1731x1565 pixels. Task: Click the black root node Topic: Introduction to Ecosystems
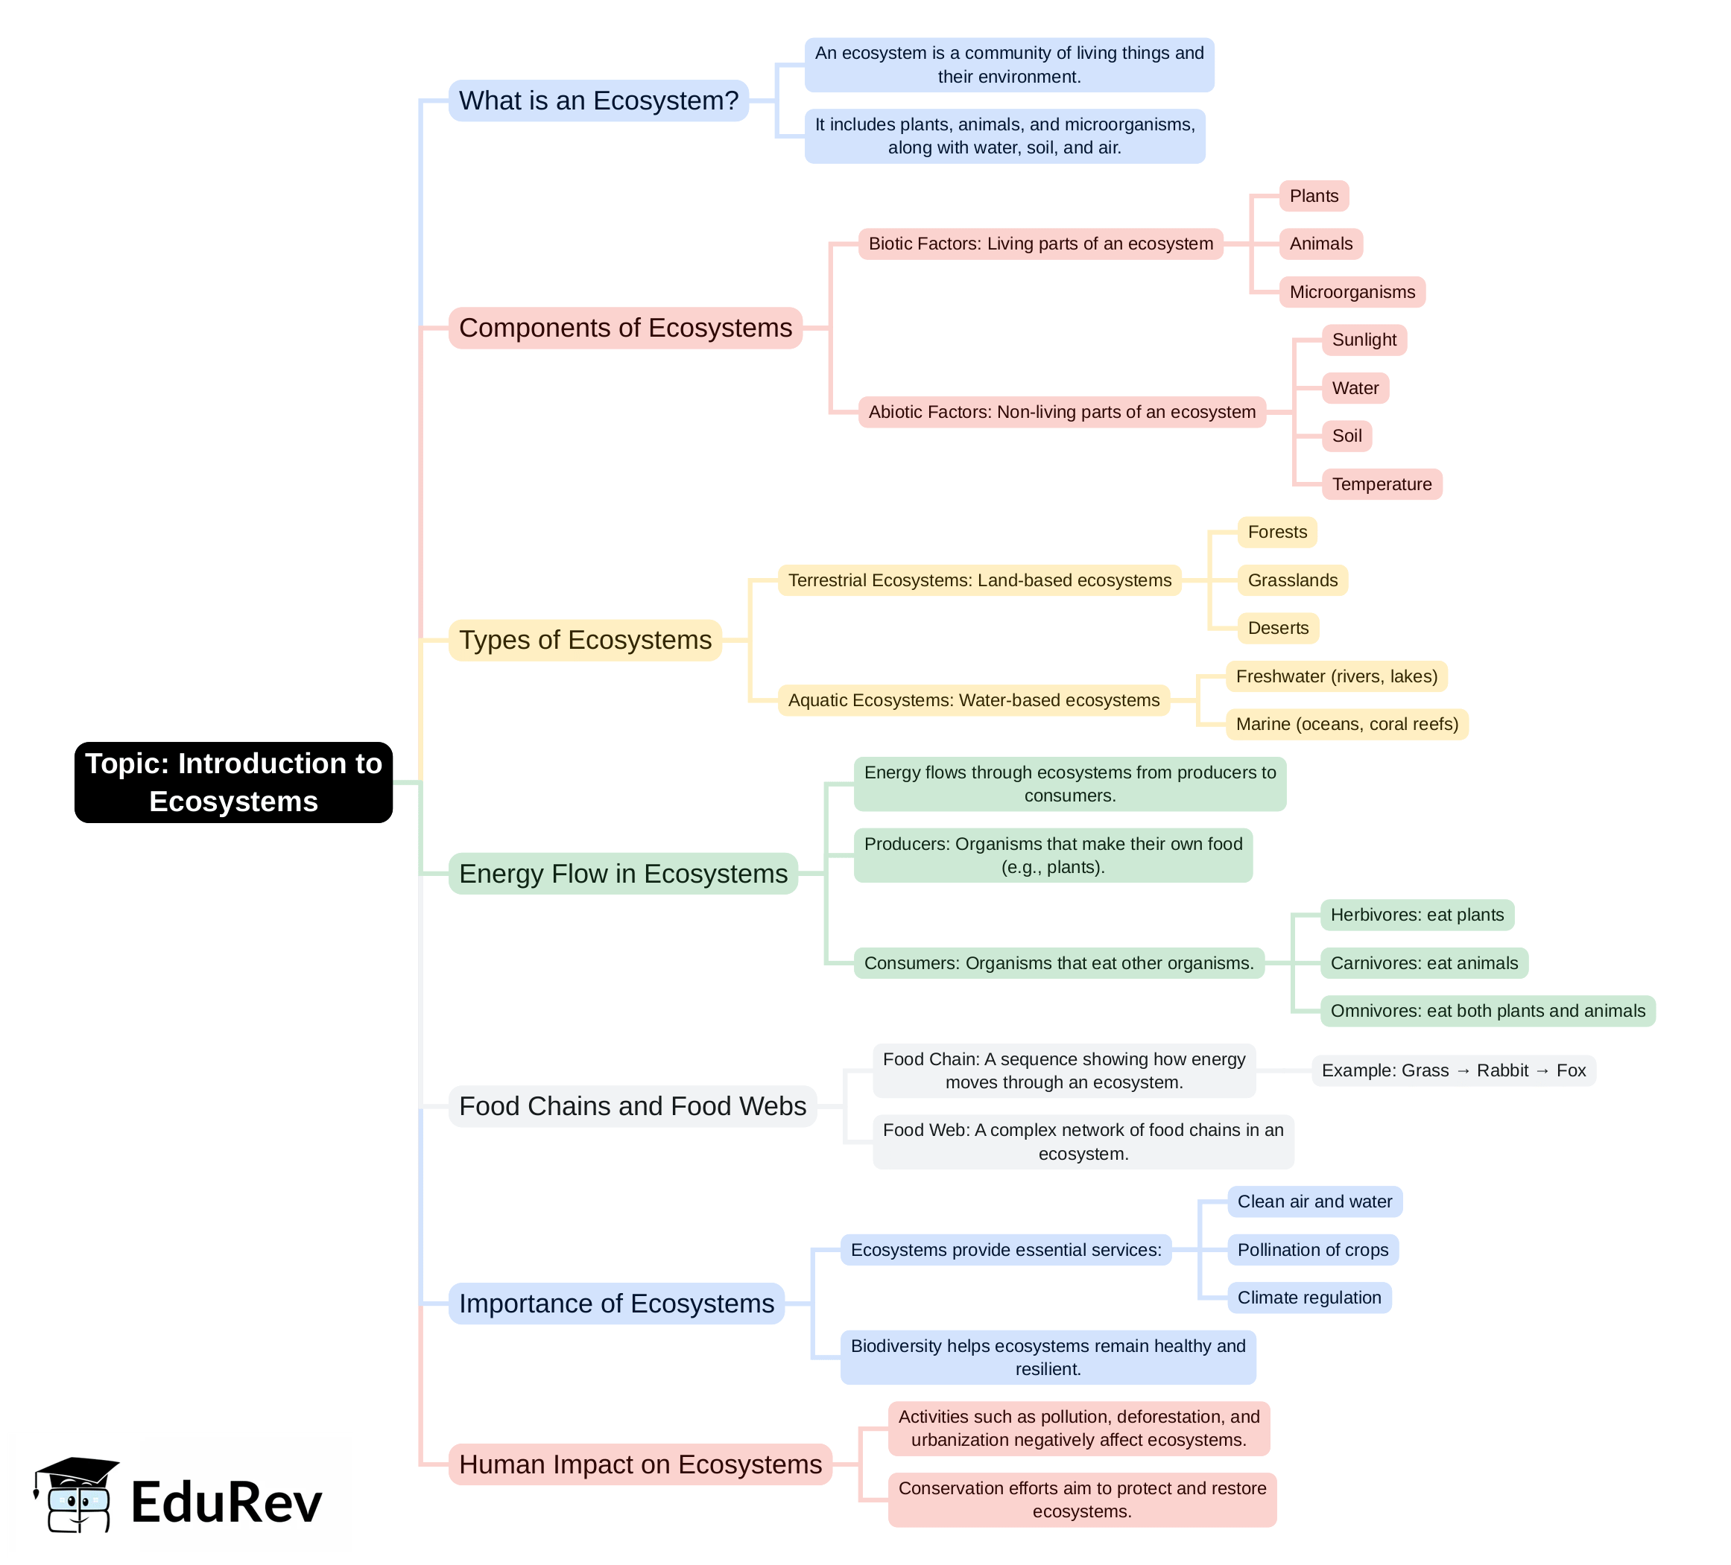233,782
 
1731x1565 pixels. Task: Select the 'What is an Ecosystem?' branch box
598,101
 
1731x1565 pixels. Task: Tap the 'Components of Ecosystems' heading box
625,328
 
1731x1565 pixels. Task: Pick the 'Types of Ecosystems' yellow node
585,641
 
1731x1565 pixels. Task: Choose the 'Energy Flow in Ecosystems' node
624,874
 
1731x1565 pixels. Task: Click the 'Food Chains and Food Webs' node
632,1107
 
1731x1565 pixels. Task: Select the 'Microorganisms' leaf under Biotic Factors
1352,292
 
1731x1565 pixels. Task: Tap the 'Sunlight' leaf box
1364,340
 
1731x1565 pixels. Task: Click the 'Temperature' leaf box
1382,484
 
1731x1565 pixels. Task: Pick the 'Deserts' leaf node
1278,629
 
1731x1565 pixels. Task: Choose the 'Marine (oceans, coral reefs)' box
1346,725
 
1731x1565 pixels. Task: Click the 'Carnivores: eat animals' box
1423,963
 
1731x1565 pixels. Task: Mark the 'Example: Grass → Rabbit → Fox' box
1453,1070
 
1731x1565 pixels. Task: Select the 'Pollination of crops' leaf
1312,1250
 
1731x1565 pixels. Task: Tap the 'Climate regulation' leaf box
1308,1298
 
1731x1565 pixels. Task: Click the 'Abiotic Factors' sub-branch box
1061,412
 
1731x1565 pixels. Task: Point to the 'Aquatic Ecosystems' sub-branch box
973,700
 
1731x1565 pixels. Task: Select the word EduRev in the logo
226,1503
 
